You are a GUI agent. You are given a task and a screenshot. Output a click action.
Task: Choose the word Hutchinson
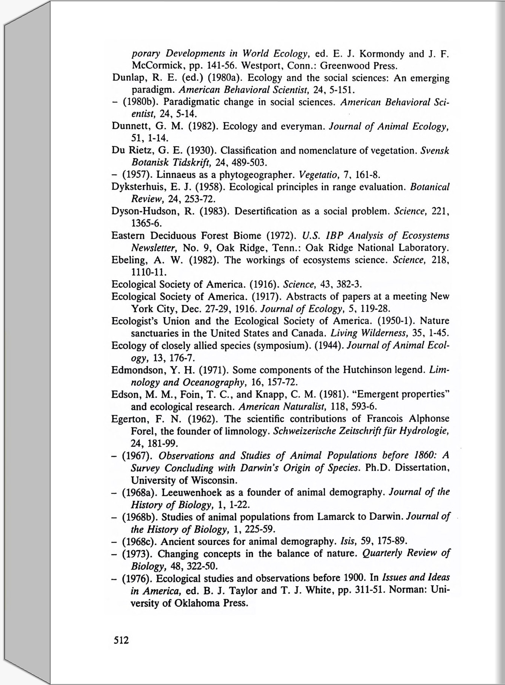[x=358, y=370]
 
